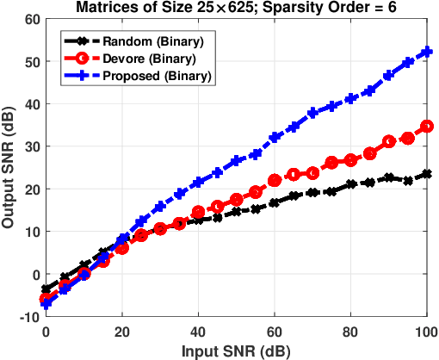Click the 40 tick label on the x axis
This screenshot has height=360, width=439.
coord(198,332)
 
